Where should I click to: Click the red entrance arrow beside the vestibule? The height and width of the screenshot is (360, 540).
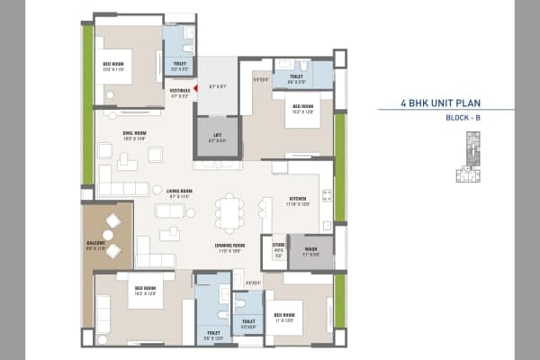point(193,88)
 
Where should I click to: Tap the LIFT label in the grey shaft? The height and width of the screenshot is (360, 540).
point(216,138)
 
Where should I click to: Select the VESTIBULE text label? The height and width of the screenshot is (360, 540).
point(178,92)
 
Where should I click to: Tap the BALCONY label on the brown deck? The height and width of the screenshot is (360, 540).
point(96,242)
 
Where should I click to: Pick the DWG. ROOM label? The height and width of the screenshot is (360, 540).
point(135,135)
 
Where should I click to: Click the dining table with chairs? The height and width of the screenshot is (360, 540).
point(229,214)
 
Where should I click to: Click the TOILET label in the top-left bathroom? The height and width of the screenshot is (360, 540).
point(180,65)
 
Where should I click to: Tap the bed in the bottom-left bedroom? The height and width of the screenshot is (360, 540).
point(144,296)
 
